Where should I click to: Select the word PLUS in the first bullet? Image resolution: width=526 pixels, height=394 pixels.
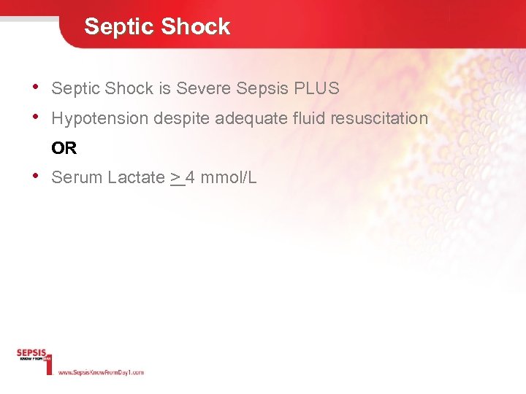click(316, 89)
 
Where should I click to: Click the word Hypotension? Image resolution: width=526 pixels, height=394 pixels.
click(99, 118)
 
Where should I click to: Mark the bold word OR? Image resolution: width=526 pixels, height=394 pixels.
click(64, 148)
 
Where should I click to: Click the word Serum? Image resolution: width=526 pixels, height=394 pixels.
click(77, 177)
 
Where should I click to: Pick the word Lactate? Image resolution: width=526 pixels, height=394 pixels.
click(137, 177)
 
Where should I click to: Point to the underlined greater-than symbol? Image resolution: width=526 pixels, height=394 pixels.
click(176, 177)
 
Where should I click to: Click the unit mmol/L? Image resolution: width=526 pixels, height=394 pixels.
click(228, 177)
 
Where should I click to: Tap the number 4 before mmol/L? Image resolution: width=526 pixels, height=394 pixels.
click(190, 177)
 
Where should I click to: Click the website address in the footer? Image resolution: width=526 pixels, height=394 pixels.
click(101, 372)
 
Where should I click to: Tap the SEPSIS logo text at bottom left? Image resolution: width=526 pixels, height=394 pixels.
click(31, 354)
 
